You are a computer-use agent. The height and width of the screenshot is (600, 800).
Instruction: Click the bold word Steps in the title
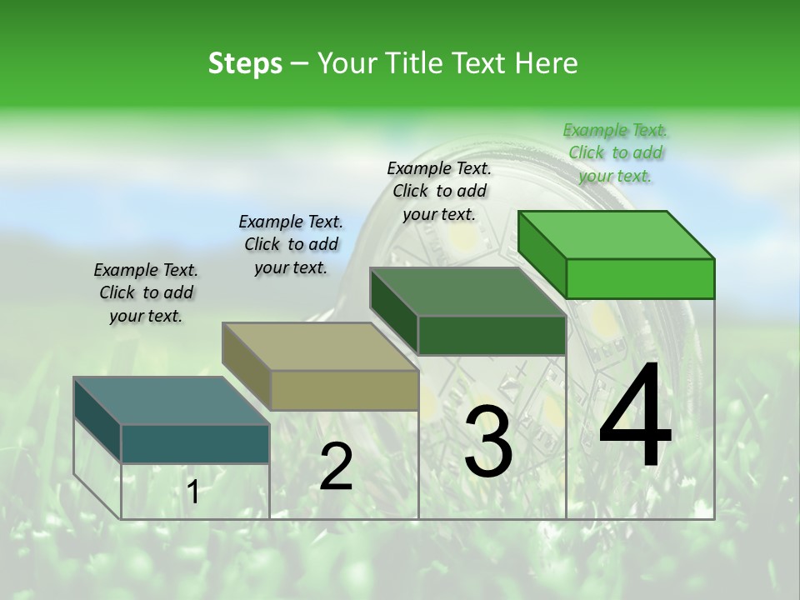tap(245, 63)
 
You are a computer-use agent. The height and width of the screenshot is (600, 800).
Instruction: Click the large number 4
tap(635, 417)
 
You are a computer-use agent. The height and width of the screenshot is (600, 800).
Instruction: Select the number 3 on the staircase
tap(488, 442)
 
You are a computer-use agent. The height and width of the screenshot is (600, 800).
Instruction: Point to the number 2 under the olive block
tap(336, 467)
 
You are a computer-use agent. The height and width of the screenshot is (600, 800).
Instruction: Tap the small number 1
tap(193, 492)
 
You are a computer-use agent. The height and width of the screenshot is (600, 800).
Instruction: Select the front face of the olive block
tap(344, 391)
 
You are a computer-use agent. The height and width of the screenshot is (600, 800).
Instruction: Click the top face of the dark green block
tap(467, 292)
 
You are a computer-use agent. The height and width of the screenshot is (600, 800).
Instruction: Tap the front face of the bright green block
tap(640, 278)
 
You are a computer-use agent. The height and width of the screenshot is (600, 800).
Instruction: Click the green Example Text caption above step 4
tap(615, 152)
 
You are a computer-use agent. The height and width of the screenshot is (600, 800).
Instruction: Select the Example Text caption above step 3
tap(439, 191)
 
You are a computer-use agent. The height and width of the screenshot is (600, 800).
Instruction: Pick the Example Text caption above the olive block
tap(291, 244)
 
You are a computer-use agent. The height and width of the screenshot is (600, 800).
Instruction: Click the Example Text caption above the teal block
tap(146, 292)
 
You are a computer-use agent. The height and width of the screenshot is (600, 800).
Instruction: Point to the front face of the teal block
tap(195, 443)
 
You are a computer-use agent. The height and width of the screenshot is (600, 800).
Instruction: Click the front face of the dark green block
tap(492, 336)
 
